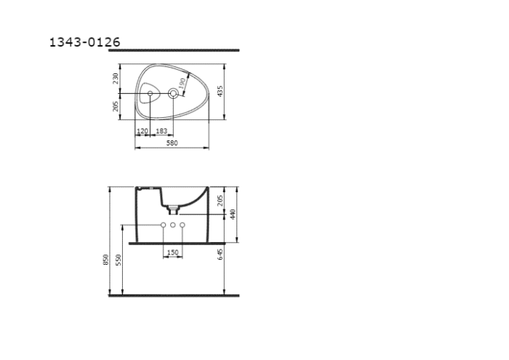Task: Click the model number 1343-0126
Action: (84, 42)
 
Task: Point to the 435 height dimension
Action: (220, 90)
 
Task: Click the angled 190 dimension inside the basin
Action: (183, 84)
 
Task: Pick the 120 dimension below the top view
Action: (143, 131)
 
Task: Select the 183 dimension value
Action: (161, 131)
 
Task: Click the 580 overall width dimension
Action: (172, 143)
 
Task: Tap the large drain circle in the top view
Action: (173, 93)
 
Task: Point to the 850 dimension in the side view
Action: (106, 259)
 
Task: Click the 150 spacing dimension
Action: (172, 252)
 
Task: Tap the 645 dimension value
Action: (220, 252)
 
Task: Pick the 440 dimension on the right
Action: (234, 214)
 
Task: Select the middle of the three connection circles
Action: (173, 225)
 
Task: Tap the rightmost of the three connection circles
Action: (183, 225)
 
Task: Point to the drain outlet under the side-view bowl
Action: (173, 209)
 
